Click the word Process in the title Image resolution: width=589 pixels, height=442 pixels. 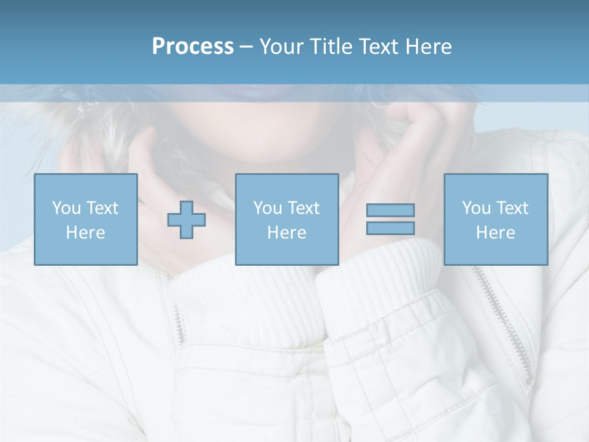click(x=193, y=47)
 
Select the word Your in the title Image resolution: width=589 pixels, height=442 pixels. click(x=281, y=47)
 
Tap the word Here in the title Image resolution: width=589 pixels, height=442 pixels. click(x=428, y=47)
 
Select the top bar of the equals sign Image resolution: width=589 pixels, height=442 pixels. click(x=390, y=211)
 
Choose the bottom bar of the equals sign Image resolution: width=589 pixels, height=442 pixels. click(x=390, y=228)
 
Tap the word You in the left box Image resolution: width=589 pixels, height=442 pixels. click(x=66, y=208)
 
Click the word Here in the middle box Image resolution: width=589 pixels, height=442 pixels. click(x=287, y=233)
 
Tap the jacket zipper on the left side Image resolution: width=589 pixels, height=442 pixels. click(x=179, y=319)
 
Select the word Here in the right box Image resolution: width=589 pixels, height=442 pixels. click(x=496, y=233)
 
